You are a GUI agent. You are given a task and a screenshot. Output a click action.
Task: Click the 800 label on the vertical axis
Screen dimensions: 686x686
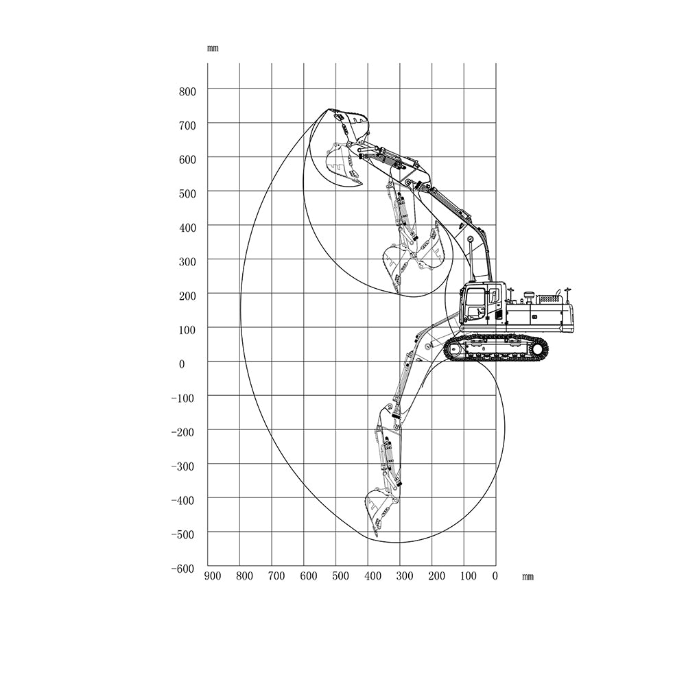(187, 92)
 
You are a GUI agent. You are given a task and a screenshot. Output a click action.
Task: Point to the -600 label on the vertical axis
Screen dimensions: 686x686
(182, 569)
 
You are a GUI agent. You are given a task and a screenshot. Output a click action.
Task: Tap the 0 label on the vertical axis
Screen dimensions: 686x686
(182, 364)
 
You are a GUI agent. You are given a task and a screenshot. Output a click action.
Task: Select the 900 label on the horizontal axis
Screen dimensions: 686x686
(213, 576)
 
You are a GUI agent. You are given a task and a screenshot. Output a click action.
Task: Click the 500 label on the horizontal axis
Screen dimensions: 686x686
(340, 576)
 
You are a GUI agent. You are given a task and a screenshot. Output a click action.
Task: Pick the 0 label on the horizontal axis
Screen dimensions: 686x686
(495, 576)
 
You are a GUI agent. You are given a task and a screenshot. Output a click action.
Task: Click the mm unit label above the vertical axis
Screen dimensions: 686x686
(213, 49)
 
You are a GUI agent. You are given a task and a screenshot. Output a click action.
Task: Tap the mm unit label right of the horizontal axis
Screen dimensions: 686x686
(528, 577)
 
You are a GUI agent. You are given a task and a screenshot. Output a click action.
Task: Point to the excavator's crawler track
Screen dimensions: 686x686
(496, 348)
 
